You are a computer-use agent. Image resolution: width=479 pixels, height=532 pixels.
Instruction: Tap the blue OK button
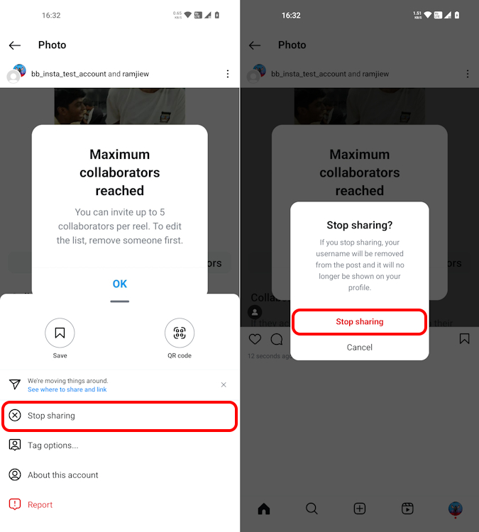pos(119,284)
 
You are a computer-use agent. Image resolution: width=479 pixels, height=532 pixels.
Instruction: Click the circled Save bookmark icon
pos(60,333)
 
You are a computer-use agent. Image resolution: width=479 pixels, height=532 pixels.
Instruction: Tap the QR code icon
pos(180,333)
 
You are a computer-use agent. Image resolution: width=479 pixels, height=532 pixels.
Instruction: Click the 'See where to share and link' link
pos(67,389)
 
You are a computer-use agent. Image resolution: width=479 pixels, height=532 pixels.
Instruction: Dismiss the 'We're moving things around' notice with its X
pos(224,384)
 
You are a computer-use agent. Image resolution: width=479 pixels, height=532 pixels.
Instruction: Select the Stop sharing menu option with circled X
pos(119,416)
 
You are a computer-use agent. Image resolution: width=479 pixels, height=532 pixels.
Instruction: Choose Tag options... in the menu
pos(53,445)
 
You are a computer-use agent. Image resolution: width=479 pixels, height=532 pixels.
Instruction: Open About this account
pos(62,475)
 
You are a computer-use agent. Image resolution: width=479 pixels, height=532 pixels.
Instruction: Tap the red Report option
pos(40,505)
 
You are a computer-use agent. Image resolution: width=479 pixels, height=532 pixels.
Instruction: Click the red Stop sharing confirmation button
pos(359,322)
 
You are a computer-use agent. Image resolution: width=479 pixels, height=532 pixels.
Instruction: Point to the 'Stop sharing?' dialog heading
pos(359,226)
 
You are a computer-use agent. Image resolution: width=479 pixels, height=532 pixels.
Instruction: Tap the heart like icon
pos(255,339)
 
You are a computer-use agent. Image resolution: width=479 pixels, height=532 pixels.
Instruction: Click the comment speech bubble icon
pos(276,339)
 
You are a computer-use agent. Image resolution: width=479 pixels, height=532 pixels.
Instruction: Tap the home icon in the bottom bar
pos(264,508)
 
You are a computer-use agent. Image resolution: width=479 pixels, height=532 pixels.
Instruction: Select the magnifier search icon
pos(312,508)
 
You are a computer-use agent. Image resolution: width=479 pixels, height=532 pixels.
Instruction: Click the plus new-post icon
pos(360,508)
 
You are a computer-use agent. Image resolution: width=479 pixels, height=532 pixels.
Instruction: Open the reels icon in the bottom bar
pos(407,508)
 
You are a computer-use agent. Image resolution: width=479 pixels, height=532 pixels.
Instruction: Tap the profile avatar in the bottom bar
pos(456,508)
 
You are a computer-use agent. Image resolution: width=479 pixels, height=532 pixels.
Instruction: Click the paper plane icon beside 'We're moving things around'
pos(15,384)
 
